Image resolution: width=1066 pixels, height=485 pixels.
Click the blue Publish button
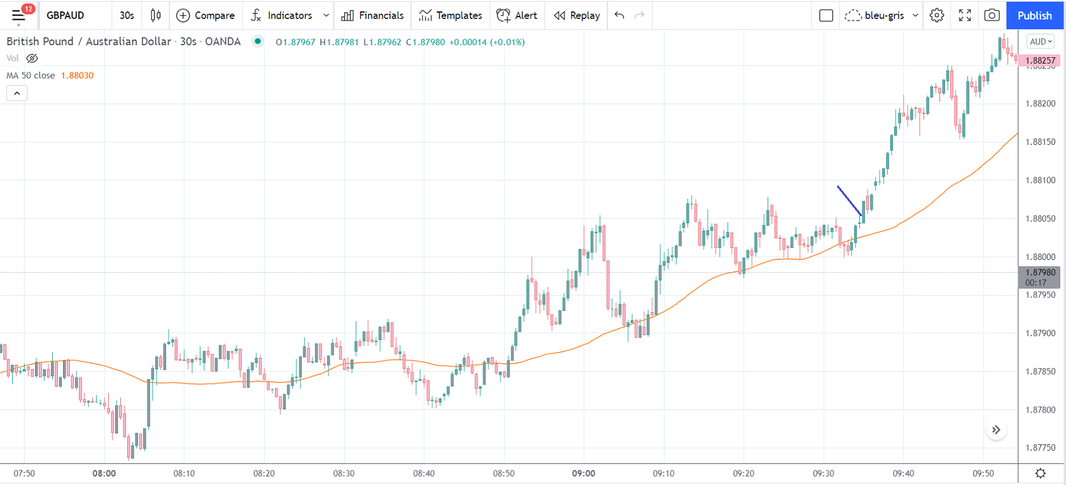pos(1034,15)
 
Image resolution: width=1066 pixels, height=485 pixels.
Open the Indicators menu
pos(282,15)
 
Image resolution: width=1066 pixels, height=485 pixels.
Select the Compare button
pos(205,15)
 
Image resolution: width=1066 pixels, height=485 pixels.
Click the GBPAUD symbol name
pos(66,15)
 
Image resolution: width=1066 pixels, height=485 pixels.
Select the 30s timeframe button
pos(127,15)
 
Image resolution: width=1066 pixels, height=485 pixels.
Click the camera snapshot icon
pos(992,15)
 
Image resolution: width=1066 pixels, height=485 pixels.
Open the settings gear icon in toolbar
pos(936,15)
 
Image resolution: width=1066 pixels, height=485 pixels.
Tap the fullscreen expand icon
pos(964,15)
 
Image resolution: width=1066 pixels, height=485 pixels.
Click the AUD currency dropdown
pos(1041,42)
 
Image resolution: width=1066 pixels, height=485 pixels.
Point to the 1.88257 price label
pos(1041,60)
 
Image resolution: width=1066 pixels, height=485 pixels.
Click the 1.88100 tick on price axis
pos(1041,181)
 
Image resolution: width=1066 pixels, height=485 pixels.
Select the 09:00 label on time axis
pos(583,474)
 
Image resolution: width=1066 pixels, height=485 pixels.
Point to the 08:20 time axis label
pos(264,474)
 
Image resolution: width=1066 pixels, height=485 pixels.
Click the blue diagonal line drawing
pos(849,201)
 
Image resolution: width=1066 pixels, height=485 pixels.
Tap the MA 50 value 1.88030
pos(77,76)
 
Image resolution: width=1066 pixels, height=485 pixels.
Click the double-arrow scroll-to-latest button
pos(996,430)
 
